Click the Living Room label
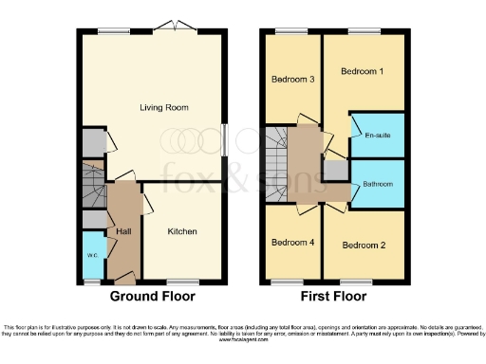[164, 107]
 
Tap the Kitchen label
[183, 231]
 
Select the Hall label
[123, 231]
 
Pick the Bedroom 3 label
[292, 79]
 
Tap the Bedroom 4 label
[292, 243]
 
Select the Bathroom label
[378, 185]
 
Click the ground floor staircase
[93, 186]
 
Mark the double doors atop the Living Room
[173, 29]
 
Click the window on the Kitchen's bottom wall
[182, 281]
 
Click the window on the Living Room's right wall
[225, 139]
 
